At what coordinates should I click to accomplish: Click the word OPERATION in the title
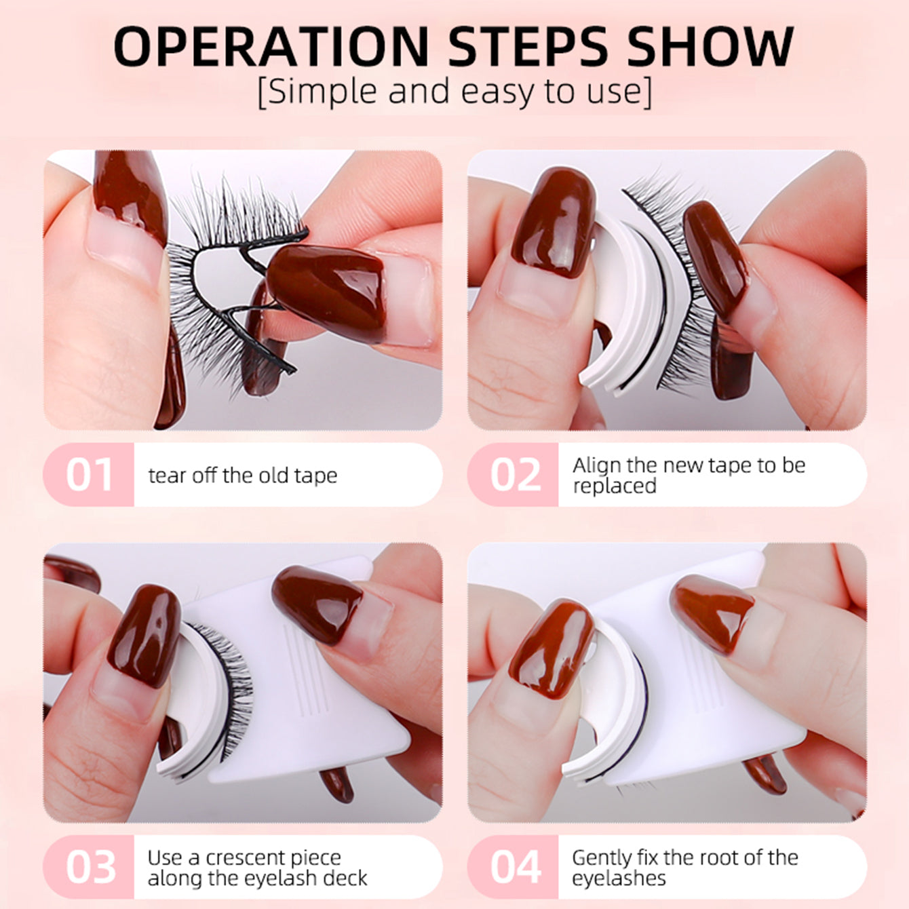pyautogui.click(x=271, y=46)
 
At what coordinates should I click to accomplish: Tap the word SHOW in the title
pyautogui.click(x=711, y=46)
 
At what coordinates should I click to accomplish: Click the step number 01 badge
pyautogui.click(x=89, y=475)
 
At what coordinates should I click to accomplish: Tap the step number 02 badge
pyautogui.click(x=514, y=475)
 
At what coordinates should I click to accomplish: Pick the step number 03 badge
pyautogui.click(x=89, y=867)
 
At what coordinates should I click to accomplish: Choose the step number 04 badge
pyautogui.click(x=514, y=867)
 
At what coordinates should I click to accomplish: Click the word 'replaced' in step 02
pyautogui.click(x=614, y=486)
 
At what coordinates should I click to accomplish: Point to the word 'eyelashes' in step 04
pyautogui.click(x=619, y=878)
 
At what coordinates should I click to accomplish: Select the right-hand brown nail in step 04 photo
pyautogui.click(x=712, y=613)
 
